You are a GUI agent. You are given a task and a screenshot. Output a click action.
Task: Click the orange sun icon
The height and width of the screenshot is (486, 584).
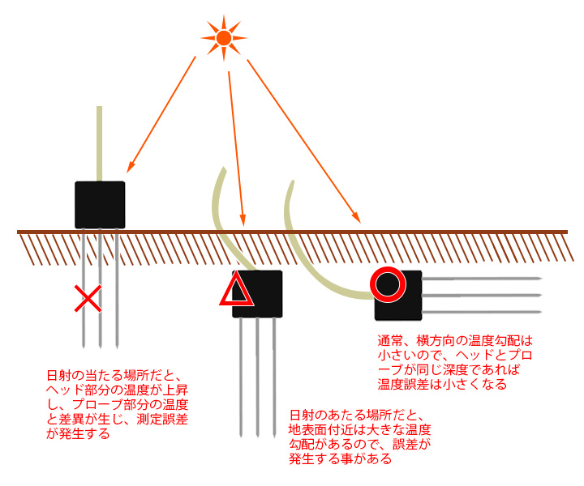(224, 36)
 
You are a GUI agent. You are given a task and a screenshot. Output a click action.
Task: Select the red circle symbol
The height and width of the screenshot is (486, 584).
(388, 283)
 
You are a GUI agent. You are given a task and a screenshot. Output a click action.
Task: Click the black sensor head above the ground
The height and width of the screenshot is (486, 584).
(100, 204)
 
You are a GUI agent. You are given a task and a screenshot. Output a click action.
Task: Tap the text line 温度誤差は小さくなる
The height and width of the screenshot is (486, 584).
(442, 385)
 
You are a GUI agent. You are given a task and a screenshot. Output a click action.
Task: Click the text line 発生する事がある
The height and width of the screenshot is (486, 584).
(341, 459)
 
